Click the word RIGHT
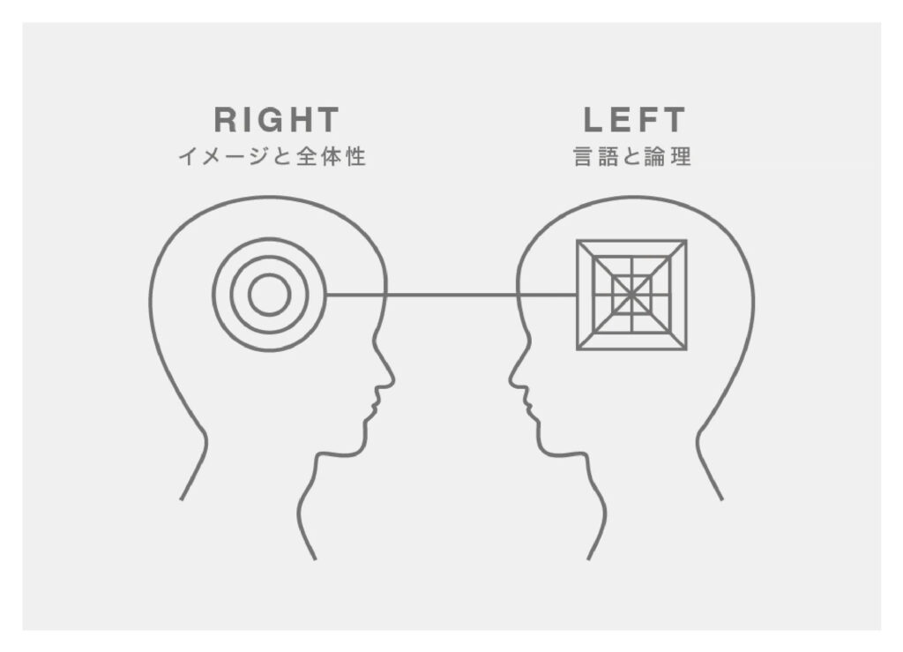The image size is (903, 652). (x=276, y=120)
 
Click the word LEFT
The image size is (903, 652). (x=634, y=120)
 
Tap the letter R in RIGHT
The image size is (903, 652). (x=225, y=120)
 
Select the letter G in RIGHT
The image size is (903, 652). (x=273, y=120)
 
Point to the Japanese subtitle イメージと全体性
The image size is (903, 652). (x=272, y=157)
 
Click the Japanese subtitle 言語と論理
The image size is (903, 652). (x=632, y=157)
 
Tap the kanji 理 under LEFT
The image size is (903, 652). (x=681, y=157)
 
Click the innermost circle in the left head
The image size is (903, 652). (x=269, y=295)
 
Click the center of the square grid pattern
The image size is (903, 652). (x=631, y=295)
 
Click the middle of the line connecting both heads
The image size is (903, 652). (x=451, y=295)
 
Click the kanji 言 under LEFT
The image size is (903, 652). (x=584, y=157)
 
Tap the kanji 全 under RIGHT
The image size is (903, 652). (x=307, y=157)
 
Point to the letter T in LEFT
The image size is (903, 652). (x=673, y=120)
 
